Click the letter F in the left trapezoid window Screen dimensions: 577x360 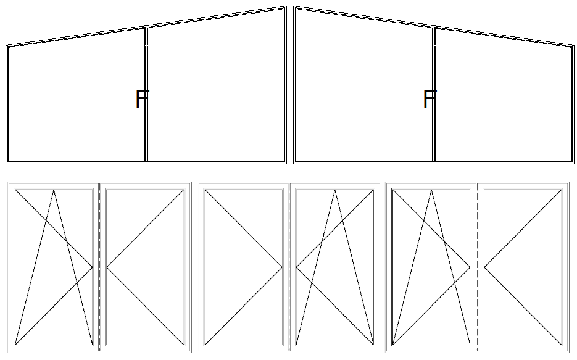point(142,99)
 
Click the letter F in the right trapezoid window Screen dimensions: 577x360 point(430,99)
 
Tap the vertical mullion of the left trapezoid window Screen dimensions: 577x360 point(146,94)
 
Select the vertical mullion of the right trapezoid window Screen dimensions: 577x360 point(434,94)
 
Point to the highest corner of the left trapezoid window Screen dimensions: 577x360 point(286,6)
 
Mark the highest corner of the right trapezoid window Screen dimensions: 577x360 point(294,6)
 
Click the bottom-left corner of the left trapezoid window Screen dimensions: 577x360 point(6,163)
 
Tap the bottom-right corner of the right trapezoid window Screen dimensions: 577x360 point(574,163)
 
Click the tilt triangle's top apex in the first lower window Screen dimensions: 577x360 point(54,190)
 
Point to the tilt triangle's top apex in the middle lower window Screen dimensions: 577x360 point(335,190)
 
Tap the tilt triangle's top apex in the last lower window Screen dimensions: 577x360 point(431,190)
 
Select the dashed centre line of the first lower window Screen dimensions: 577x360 point(99,267)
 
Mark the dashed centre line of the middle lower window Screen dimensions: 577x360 point(289,267)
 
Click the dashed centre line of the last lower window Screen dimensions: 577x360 point(477,267)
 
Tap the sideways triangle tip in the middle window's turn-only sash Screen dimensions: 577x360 point(282,267)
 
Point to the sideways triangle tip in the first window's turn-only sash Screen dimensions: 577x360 point(107,267)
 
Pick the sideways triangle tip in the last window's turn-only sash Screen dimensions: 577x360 point(484,267)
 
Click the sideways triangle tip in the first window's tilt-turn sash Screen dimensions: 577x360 point(92,267)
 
